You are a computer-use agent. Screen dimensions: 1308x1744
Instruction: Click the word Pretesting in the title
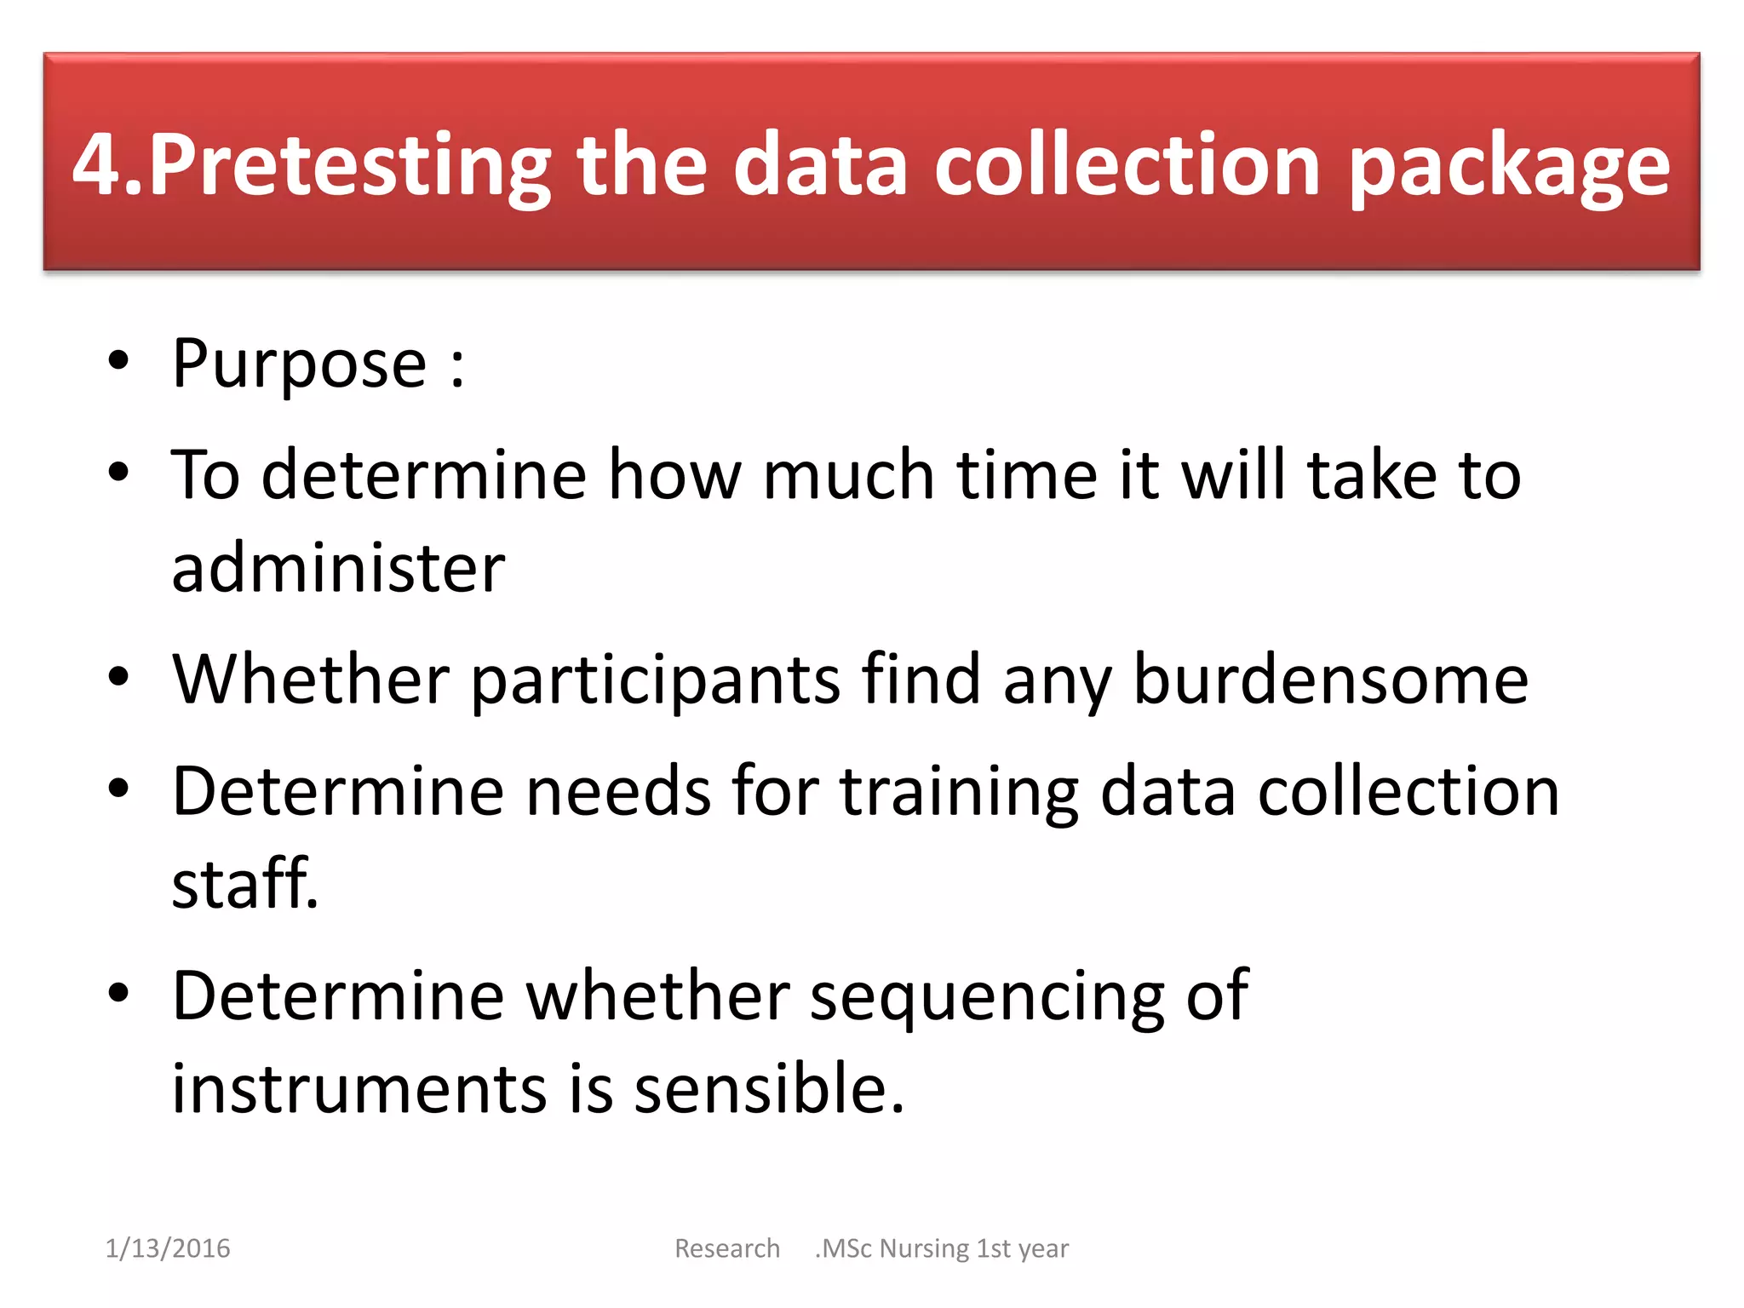(349, 165)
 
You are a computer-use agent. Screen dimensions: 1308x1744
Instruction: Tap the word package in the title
(1509, 165)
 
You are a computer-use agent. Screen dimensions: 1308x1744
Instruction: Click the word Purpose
(299, 364)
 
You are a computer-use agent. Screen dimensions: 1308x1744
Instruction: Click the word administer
(338, 568)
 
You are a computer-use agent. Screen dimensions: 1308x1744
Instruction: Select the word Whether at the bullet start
(310, 679)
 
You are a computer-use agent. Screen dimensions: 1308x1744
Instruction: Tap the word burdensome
(1330, 679)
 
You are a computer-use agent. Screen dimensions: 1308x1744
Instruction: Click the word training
(960, 792)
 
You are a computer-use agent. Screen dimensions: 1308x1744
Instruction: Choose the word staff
(244, 883)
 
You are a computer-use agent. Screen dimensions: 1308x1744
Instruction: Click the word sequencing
(987, 996)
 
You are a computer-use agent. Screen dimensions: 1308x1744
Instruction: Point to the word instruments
(359, 1089)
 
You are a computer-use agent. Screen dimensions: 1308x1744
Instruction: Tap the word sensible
(768, 1089)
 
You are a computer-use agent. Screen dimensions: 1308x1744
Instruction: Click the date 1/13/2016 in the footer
(168, 1248)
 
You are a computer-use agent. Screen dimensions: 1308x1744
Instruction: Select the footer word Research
(727, 1248)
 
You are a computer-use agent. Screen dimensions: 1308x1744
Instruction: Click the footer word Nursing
(924, 1248)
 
